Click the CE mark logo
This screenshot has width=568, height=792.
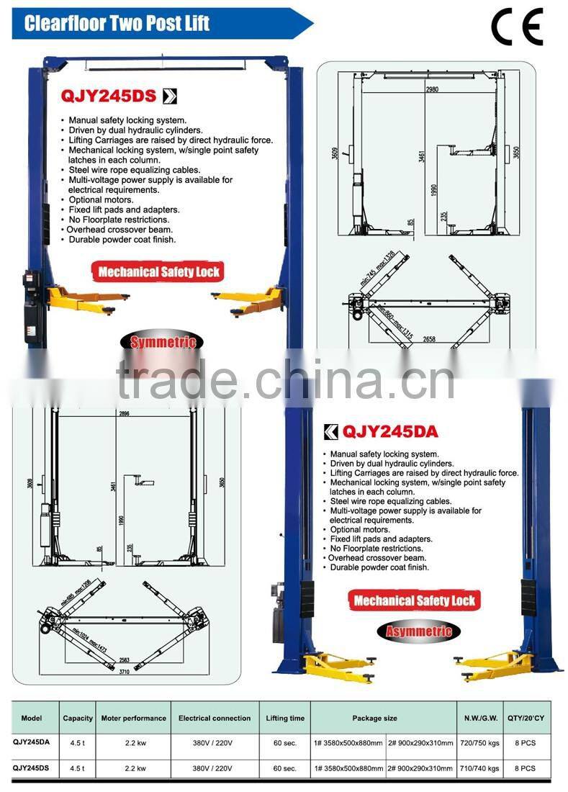516,27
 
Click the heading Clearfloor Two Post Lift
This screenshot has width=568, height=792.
117,23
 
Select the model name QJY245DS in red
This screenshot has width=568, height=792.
109,96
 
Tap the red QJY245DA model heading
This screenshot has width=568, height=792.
389,432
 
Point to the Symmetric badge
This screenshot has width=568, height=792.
163,343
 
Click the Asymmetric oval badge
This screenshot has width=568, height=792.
418,631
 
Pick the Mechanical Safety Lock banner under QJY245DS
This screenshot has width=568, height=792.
159,271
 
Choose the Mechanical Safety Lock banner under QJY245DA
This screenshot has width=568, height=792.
415,600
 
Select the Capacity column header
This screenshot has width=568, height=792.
78,718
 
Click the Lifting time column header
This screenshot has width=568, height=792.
285,718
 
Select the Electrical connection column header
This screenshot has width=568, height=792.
215,718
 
